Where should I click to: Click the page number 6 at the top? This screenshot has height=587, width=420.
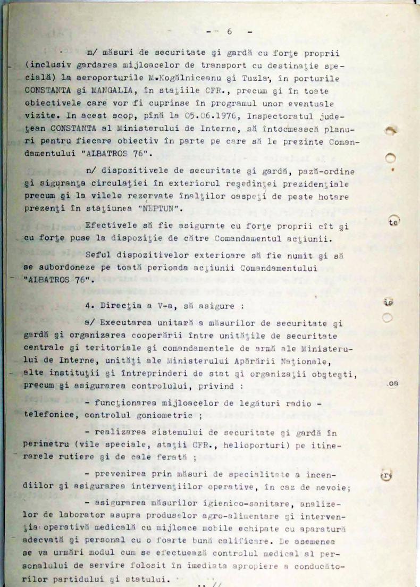[x=229, y=31]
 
